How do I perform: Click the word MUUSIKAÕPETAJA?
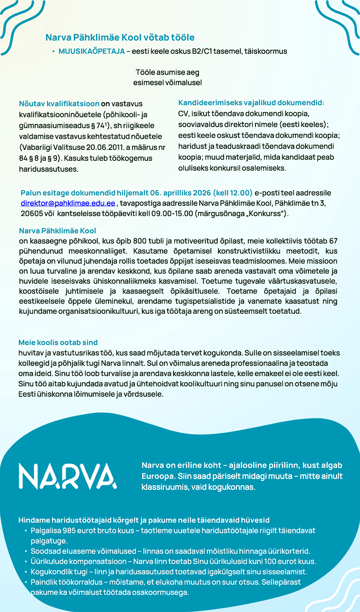point(91,51)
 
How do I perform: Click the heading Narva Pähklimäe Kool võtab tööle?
point(120,37)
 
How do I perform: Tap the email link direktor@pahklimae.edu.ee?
point(68,203)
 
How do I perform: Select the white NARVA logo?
point(68,476)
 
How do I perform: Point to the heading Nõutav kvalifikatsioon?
point(59,104)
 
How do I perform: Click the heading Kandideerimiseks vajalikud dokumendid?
point(251,103)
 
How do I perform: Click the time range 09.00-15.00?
point(172,213)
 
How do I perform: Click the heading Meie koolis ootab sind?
point(58,343)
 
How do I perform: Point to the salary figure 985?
point(69,531)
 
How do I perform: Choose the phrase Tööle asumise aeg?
point(167,72)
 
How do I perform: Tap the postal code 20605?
point(31,213)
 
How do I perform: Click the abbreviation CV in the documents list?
point(183,114)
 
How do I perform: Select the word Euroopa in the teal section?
point(158,476)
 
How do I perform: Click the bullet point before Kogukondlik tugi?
point(26,572)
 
